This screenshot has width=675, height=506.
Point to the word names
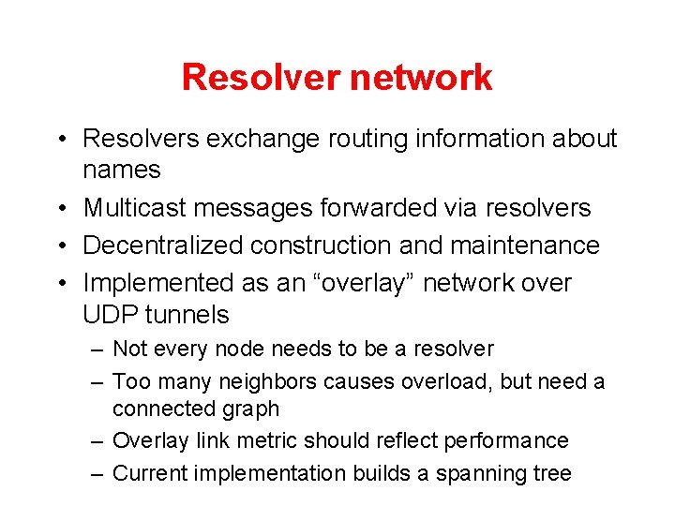coord(122,171)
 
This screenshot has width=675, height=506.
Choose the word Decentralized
coord(163,246)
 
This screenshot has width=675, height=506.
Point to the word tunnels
coord(187,314)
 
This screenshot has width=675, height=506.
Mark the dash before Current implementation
coord(97,474)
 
